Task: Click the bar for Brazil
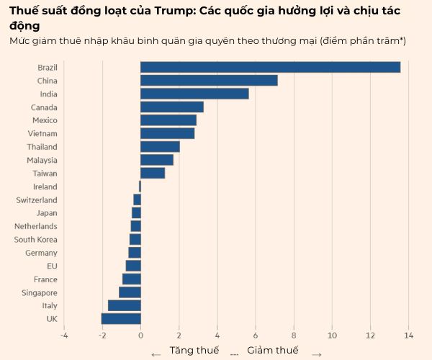click(x=270, y=67)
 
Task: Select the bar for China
click(x=209, y=81)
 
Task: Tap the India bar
click(x=194, y=94)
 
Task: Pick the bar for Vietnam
click(x=167, y=133)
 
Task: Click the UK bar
click(x=121, y=319)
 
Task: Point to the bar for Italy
click(x=125, y=305)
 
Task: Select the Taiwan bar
click(x=153, y=173)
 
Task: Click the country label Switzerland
click(x=37, y=200)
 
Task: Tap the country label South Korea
click(x=36, y=240)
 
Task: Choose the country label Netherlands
click(x=36, y=226)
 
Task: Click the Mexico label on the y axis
click(x=45, y=120)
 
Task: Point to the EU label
click(x=52, y=266)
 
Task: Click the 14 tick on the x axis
click(x=408, y=335)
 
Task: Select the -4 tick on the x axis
click(x=63, y=335)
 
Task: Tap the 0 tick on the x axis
click(x=140, y=335)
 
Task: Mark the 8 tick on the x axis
click(x=294, y=335)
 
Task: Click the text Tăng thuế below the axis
click(x=194, y=351)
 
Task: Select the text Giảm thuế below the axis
click(x=272, y=351)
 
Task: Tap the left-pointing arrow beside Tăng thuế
click(x=156, y=354)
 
